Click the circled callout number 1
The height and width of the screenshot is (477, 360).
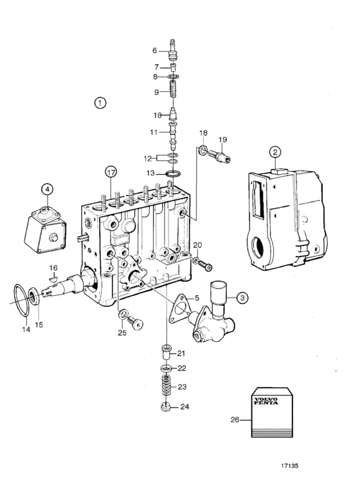tap(100, 103)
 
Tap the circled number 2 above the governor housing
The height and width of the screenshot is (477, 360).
tap(274, 152)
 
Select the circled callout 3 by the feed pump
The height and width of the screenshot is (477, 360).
tap(242, 298)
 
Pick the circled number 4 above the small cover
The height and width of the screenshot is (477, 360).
tap(47, 189)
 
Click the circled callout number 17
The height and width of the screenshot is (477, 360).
tap(111, 172)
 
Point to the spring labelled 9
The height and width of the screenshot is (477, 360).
tap(173, 88)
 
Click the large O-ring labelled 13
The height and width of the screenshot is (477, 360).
tap(172, 174)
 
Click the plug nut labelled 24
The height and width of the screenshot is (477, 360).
tap(166, 406)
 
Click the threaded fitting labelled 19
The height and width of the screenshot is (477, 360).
tap(219, 156)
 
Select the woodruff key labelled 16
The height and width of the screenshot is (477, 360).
tap(53, 278)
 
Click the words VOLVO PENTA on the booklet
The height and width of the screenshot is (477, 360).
tap(265, 401)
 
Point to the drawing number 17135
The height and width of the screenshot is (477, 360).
tap(289, 465)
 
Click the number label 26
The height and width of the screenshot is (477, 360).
tap(235, 420)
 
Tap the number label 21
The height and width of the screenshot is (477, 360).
tap(181, 353)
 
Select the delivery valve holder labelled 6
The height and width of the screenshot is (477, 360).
tap(172, 49)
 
